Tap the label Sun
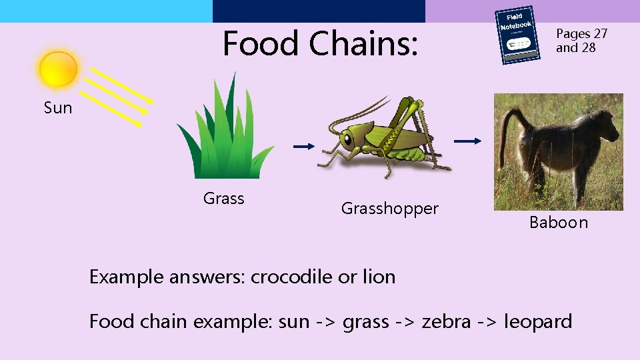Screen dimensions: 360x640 pyautogui.click(x=58, y=108)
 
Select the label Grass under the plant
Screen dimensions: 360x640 pyautogui.click(x=224, y=198)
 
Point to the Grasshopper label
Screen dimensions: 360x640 pyautogui.click(x=390, y=209)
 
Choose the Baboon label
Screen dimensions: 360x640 pyautogui.click(x=559, y=223)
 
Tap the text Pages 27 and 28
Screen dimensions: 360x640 pyautogui.click(x=581, y=41)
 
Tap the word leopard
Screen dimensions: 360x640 pyautogui.click(x=538, y=321)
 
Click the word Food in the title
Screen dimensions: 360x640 pyautogui.click(x=261, y=43)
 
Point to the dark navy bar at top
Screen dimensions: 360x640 pyautogui.click(x=319, y=11)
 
